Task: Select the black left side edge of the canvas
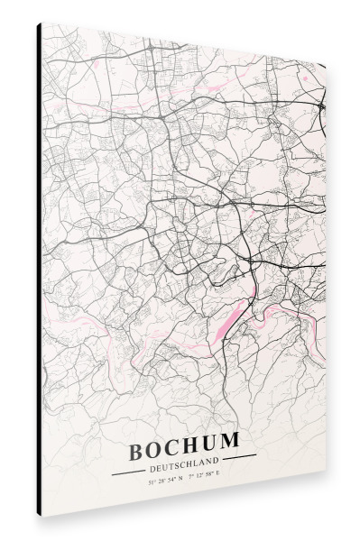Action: pos(39,270)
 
